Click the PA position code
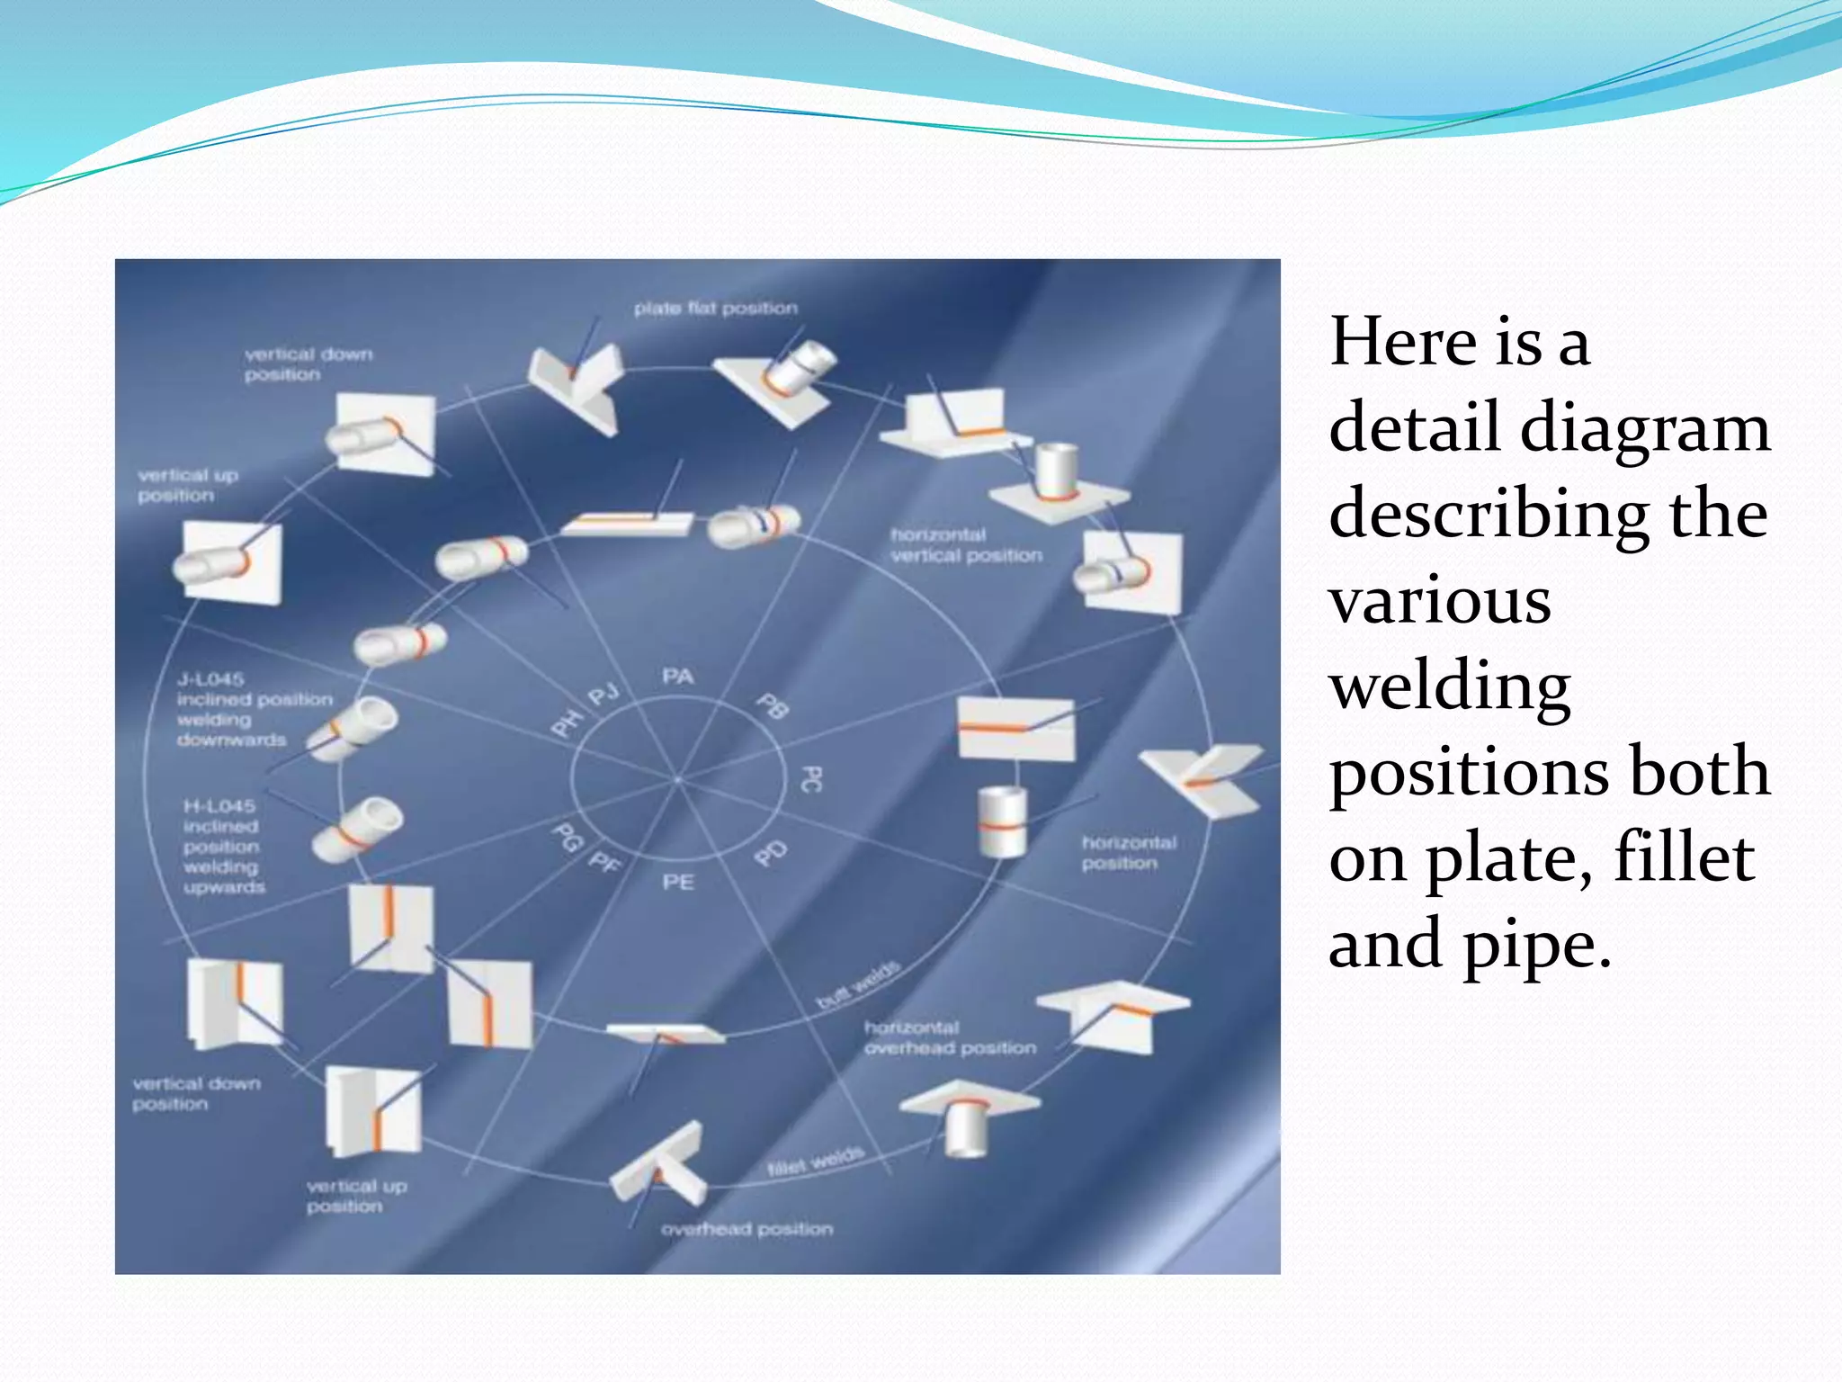tap(677, 677)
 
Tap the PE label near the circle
tap(677, 882)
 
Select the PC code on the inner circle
tap(810, 779)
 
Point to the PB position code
tap(773, 706)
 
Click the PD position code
tap(771, 853)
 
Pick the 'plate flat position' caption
tap(715, 309)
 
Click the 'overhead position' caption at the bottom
tap(747, 1229)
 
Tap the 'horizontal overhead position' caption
tap(949, 1037)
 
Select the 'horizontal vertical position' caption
tap(965, 545)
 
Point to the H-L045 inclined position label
tap(223, 846)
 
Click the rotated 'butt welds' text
tap(857, 985)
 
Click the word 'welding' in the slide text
tap(1450, 686)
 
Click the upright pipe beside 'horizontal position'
tap(1002, 821)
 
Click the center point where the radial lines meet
tap(677, 779)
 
